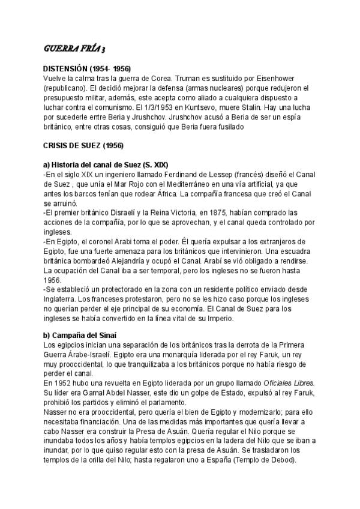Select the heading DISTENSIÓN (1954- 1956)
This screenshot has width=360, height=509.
pos(88,70)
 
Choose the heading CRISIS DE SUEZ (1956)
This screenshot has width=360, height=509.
pos(83,146)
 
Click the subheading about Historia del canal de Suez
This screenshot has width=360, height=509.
pos(106,164)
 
